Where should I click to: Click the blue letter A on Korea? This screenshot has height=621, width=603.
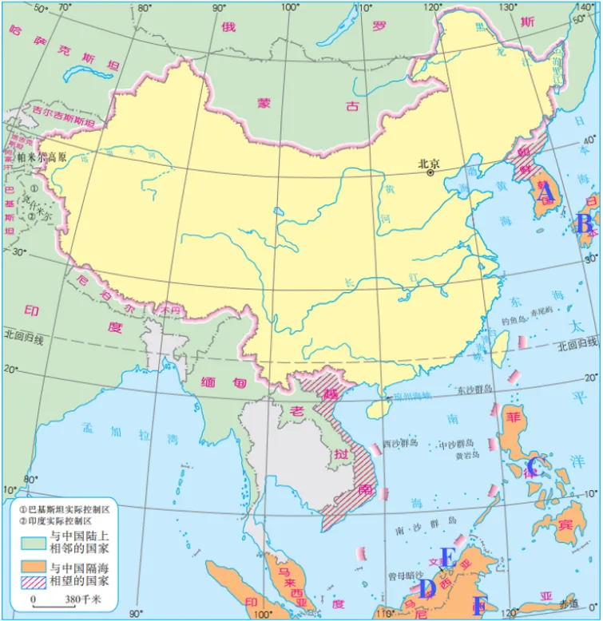[x=545, y=193]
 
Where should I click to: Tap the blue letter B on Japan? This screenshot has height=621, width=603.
[x=584, y=224]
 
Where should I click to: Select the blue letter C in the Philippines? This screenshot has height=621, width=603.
[x=534, y=467]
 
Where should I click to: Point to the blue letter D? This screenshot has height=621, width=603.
[x=426, y=588]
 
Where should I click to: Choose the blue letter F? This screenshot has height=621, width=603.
[x=479, y=605]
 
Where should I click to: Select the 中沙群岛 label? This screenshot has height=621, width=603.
[x=458, y=443]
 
